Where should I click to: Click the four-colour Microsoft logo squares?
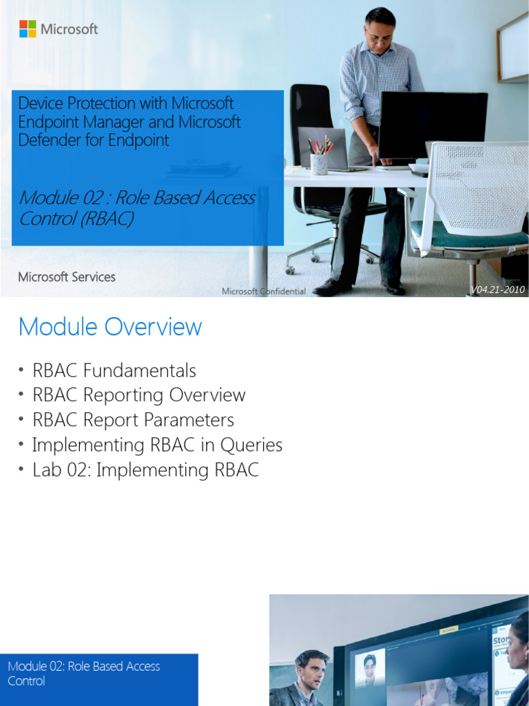tap(28, 29)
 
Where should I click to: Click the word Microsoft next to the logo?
tap(69, 29)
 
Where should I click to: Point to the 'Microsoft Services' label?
tap(67, 277)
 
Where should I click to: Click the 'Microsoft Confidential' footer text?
tap(264, 292)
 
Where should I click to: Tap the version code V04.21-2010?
tap(498, 290)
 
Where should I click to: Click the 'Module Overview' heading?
tap(110, 327)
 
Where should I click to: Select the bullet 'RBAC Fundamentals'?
tap(114, 371)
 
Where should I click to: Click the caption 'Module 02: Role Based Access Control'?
tap(83, 674)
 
